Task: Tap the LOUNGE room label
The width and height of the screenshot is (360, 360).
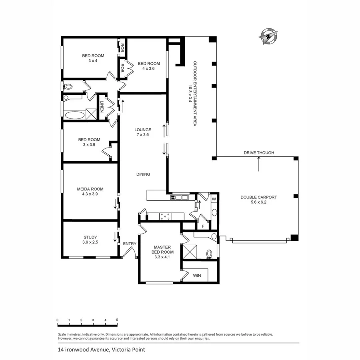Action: pos(143,130)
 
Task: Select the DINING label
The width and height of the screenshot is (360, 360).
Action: pos(143,174)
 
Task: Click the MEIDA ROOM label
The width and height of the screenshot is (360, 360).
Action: pos(90,189)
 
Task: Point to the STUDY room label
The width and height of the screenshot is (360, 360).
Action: pos(90,237)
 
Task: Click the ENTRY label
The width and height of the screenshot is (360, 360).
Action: pos(130,244)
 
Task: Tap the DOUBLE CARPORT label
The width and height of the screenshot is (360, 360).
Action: pos(258,197)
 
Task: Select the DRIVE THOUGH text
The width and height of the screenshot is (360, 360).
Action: pos(259,153)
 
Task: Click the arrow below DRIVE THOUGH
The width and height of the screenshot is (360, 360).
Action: pos(259,164)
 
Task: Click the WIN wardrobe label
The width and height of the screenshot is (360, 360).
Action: pos(197,276)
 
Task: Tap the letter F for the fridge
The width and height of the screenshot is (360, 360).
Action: pos(203,226)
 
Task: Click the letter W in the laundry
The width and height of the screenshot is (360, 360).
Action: pos(214,199)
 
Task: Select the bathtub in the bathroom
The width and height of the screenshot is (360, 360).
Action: pos(75,116)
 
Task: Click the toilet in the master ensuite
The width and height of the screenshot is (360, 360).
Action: pos(209,254)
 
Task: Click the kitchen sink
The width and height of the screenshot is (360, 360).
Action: pos(181,197)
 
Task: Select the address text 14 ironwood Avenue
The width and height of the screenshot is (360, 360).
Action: pos(82,349)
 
